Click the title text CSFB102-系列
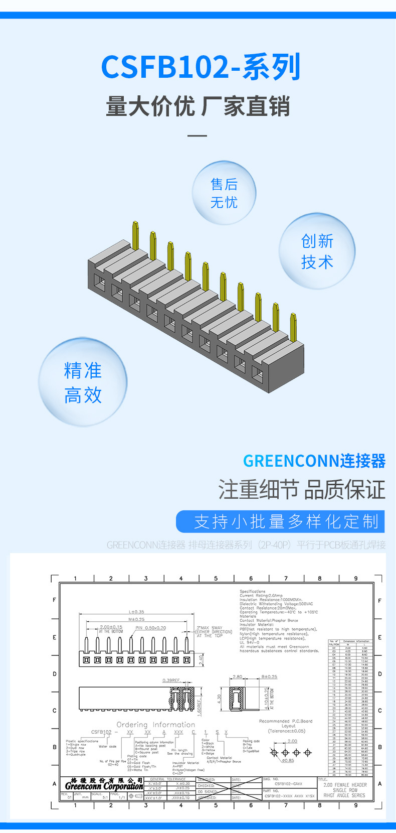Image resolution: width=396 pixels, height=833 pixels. (201, 67)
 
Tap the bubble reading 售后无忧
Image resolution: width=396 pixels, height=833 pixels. (224, 193)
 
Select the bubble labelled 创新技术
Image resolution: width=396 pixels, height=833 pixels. (317, 251)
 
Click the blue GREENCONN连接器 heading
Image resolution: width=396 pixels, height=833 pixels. (314, 461)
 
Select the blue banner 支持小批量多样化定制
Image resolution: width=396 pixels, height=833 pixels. (280, 522)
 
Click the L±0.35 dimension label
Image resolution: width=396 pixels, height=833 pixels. (136, 612)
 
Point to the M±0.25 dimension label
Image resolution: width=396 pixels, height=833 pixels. (136, 619)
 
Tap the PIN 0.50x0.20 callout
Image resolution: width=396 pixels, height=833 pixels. (150, 628)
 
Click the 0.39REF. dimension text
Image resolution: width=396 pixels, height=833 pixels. (172, 680)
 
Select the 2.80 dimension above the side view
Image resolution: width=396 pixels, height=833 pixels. (237, 677)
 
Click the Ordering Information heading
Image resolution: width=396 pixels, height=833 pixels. (155, 725)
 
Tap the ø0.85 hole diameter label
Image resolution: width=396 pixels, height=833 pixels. (288, 760)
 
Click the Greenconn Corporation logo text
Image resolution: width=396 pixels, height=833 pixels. (104, 786)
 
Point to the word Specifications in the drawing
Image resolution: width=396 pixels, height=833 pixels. (252, 591)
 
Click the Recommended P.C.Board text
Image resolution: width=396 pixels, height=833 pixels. (285, 721)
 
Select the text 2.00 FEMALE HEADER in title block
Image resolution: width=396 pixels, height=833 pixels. (345, 785)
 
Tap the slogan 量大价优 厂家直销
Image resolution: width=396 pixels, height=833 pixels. (198, 107)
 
